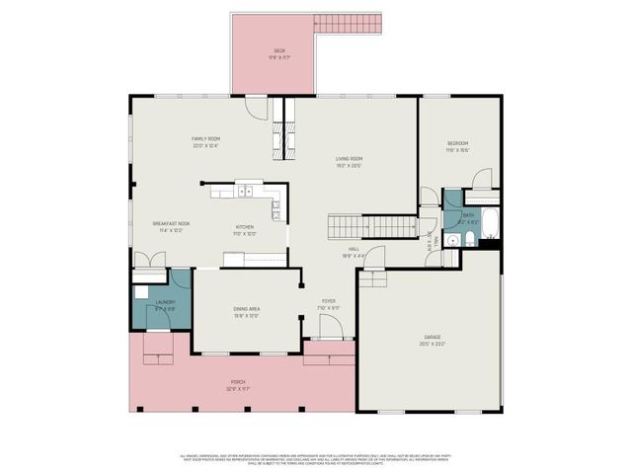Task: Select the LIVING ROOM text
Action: click(x=350, y=158)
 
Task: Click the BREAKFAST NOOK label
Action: click(x=171, y=224)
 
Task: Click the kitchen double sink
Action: click(x=245, y=192)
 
